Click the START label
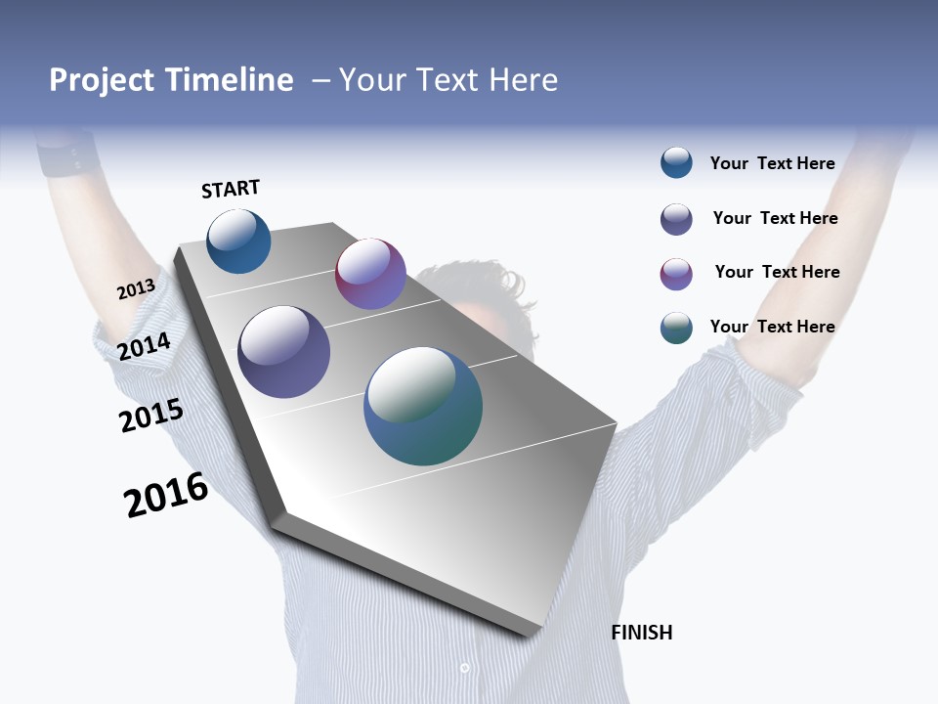[x=231, y=189]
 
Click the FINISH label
[x=642, y=633]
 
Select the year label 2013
[x=136, y=289]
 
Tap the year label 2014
[x=145, y=346]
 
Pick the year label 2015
[x=151, y=416]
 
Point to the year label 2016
[x=166, y=495]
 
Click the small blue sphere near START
[x=238, y=242]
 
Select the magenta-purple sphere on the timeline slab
[x=370, y=274]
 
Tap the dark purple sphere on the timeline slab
[x=283, y=352]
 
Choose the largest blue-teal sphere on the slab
[x=423, y=406]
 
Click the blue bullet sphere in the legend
[x=676, y=162]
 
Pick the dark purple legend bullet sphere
[x=676, y=219]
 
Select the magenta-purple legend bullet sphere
[x=676, y=274]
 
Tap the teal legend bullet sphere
[x=676, y=328]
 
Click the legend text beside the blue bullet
[x=772, y=163]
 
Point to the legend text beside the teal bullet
[x=772, y=327]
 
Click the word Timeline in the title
[x=229, y=80]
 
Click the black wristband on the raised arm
[x=70, y=155]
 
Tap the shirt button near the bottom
[x=464, y=669]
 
